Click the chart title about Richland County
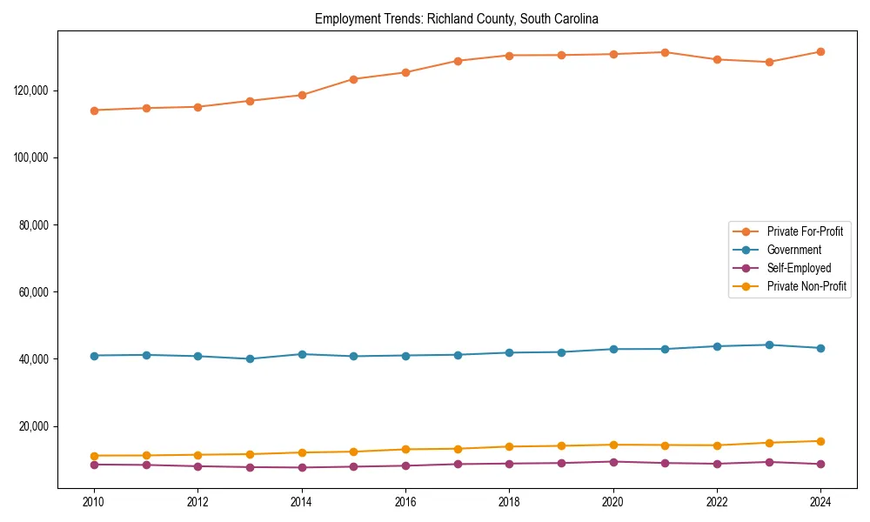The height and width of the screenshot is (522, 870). (457, 18)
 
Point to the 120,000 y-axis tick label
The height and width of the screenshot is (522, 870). (32, 90)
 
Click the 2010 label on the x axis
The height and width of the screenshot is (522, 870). (94, 502)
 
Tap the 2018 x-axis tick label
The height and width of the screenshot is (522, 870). (510, 502)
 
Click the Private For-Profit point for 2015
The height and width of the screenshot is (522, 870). (353, 79)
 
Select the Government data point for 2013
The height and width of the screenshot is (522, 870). (250, 358)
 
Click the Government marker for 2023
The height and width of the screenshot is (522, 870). (769, 345)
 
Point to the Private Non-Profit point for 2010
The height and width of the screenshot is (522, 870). (94, 456)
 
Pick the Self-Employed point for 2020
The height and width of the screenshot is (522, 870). (613, 462)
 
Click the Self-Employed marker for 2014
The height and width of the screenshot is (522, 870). (302, 467)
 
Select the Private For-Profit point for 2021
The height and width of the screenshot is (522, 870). (665, 52)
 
